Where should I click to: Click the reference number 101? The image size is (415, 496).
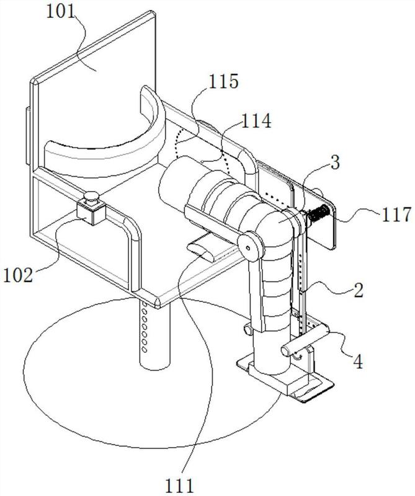[60, 12]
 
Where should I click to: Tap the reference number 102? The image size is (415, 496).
[18, 275]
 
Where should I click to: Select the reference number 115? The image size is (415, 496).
[223, 82]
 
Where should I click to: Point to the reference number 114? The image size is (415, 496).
[256, 120]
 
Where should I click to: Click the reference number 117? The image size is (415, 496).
[396, 214]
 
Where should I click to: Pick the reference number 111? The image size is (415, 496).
[179, 486]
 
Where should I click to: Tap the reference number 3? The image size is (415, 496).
[335, 162]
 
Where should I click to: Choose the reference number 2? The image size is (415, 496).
[359, 290]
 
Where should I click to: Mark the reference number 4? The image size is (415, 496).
[358, 362]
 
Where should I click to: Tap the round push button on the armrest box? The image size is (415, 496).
[91, 196]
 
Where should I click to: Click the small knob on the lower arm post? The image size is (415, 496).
[248, 329]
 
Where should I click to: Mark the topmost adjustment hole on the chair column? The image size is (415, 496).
[145, 304]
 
